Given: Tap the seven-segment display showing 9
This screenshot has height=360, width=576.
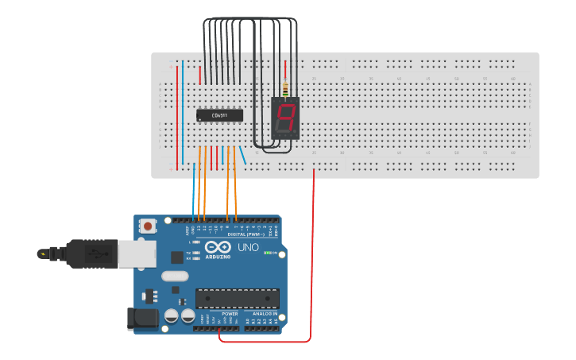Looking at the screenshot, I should (285, 118).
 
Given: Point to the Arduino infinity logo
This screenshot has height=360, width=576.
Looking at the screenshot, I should (218, 247).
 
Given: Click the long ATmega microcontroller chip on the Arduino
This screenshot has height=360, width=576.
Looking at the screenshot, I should (238, 298).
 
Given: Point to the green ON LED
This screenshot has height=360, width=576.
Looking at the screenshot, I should (268, 253).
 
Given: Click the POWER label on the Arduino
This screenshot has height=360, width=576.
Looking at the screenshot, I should (230, 314).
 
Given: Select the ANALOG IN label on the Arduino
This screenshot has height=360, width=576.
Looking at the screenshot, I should (264, 314).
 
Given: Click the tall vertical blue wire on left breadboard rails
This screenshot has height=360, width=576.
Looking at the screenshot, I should (183, 111).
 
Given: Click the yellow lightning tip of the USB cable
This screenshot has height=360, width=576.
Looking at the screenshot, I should (41, 254).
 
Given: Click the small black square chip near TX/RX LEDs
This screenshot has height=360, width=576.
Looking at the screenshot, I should (176, 257).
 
